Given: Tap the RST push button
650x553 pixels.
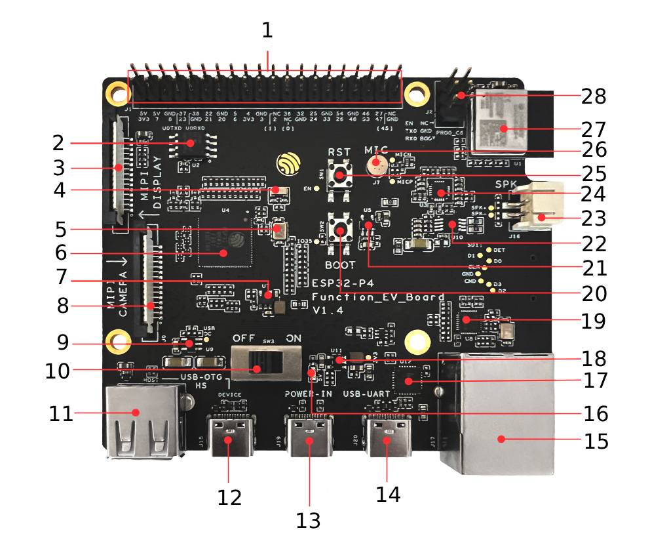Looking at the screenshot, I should (340, 174).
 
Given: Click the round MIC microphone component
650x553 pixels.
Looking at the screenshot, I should (375, 164).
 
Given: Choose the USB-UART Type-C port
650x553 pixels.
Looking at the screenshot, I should (388, 437).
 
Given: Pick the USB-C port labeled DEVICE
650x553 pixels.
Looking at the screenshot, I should (229, 436).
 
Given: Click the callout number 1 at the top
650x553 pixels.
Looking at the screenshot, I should (267, 30).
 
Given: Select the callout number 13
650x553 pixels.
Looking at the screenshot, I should (308, 520).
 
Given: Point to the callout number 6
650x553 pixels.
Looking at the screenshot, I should (61, 252).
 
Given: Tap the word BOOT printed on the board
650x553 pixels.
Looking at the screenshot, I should (341, 266).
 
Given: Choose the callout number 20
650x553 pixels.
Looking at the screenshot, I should (595, 293).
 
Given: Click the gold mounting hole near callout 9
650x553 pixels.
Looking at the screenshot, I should (119, 342).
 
